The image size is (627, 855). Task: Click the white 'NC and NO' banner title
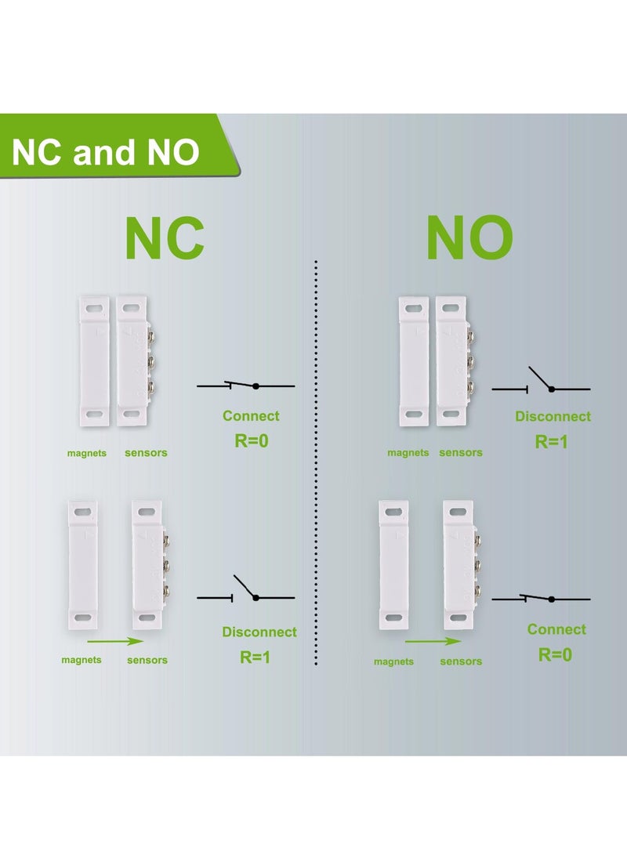point(105,152)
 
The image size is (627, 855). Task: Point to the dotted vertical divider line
point(315,462)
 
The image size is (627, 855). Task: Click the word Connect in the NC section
point(251,416)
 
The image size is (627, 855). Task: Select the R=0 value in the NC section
point(252,440)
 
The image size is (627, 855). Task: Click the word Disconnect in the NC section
point(259,632)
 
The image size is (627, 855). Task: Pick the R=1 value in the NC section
point(256,657)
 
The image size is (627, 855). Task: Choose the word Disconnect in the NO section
point(553,416)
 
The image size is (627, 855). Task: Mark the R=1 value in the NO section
point(552,441)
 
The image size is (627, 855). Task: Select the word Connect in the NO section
point(556,629)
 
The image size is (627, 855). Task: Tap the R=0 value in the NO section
point(555,654)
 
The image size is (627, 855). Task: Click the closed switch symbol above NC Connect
point(245,386)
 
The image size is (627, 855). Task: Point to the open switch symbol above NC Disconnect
point(245,592)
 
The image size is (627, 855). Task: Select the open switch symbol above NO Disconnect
point(541,382)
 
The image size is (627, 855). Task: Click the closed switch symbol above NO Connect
point(541,599)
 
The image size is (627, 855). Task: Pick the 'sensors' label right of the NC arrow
point(147,660)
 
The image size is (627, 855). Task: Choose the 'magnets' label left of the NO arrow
point(393,661)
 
